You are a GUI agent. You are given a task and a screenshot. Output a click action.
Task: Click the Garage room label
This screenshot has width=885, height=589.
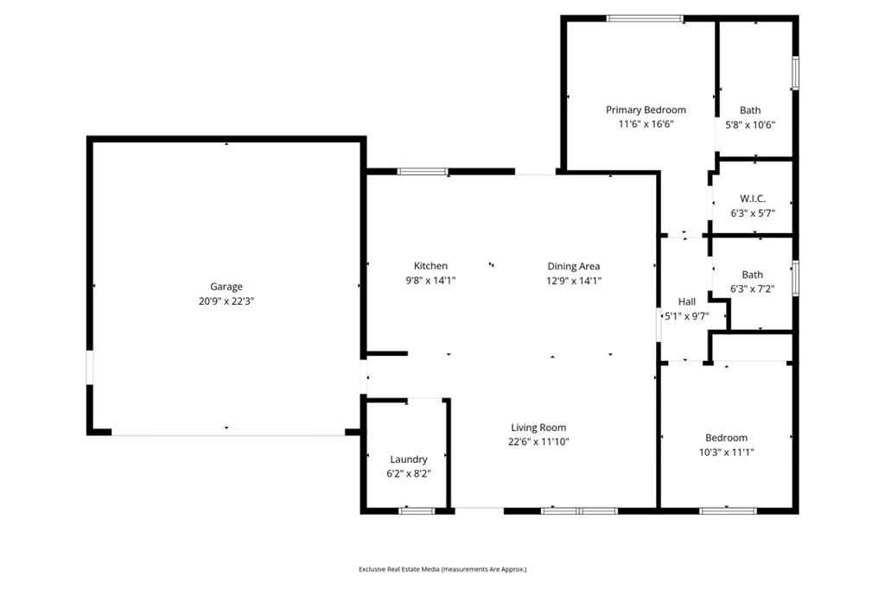pyautogui.click(x=226, y=287)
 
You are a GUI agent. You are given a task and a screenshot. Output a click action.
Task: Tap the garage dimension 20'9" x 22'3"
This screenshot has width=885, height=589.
pyautogui.click(x=226, y=301)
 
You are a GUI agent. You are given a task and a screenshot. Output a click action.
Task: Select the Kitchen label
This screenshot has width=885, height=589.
pyautogui.click(x=430, y=266)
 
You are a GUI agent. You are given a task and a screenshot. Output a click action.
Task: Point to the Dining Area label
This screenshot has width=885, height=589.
pyautogui.click(x=573, y=266)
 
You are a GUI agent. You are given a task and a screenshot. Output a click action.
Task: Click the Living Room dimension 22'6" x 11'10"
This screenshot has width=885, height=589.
pyautogui.click(x=538, y=441)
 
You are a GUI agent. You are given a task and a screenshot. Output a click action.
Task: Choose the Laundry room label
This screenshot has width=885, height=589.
pyautogui.click(x=409, y=459)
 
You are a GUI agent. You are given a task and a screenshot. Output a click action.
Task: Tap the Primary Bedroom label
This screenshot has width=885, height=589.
pyautogui.click(x=646, y=110)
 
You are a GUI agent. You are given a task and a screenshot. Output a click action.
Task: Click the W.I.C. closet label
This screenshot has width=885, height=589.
pyautogui.click(x=753, y=199)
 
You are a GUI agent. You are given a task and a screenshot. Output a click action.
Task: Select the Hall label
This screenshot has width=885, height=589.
pyautogui.click(x=687, y=301)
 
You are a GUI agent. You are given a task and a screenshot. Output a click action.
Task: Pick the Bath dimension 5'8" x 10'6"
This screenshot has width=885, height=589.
pyautogui.click(x=750, y=124)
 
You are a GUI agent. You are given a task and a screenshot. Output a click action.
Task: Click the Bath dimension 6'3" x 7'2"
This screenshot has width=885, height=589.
pyautogui.click(x=752, y=289)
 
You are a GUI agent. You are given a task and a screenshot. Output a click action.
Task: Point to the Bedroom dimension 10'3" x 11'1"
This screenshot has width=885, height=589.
pyautogui.click(x=726, y=452)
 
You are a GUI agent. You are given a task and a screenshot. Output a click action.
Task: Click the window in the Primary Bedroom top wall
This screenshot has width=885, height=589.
pyautogui.click(x=645, y=18)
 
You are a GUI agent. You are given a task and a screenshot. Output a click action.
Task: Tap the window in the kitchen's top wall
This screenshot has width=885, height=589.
pyautogui.click(x=423, y=172)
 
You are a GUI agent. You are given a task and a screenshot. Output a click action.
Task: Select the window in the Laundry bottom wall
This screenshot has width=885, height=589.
pyautogui.click(x=417, y=511)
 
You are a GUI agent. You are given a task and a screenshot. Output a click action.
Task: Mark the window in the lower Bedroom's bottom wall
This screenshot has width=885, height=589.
pyautogui.click(x=728, y=511)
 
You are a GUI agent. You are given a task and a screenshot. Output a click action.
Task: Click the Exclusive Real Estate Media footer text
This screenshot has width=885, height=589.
pyautogui.click(x=442, y=569)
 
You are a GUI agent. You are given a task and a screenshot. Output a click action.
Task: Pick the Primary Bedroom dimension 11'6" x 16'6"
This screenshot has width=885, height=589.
pyautogui.click(x=646, y=124)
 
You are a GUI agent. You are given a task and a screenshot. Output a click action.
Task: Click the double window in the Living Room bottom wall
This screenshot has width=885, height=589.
pyautogui.click(x=579, y=511)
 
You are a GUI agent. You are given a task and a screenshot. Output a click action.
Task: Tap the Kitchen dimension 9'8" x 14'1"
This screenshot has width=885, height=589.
pyautogui.click(x=430, y=280)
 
